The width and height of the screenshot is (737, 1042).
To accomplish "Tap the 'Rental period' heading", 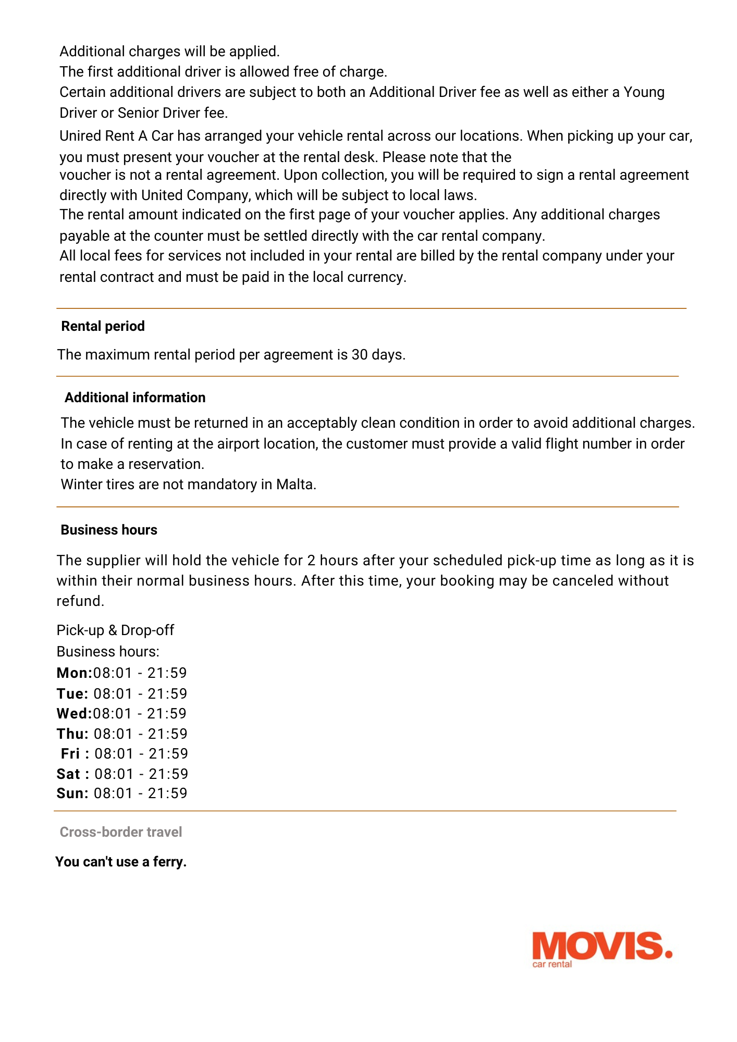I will click(103, 326).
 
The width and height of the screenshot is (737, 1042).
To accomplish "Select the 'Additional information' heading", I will click(135, 398).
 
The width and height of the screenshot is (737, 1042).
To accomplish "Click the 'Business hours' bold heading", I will click(109, 530).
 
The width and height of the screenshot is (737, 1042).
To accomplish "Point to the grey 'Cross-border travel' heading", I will click(121, 832).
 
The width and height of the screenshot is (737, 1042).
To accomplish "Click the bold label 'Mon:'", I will click(74, 673).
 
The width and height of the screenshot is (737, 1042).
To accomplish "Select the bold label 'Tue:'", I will click(72, 694).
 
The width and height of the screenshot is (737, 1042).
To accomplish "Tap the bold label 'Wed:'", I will click(74, 714).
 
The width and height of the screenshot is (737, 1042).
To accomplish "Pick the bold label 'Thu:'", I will click(72, 734).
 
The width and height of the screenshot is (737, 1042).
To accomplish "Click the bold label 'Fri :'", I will click(75, 754).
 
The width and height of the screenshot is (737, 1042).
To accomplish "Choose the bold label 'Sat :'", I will click(73, 774).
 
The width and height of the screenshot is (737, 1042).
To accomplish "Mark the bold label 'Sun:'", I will click(72, 793).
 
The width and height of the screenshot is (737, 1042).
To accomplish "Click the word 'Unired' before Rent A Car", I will click(80, 136).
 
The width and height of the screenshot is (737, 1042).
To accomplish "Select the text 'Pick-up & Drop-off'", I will click(115, 630).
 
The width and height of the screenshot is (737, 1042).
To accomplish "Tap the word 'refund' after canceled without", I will click(79, 601).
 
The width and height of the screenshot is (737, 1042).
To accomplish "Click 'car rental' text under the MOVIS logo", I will click(552, 964).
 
